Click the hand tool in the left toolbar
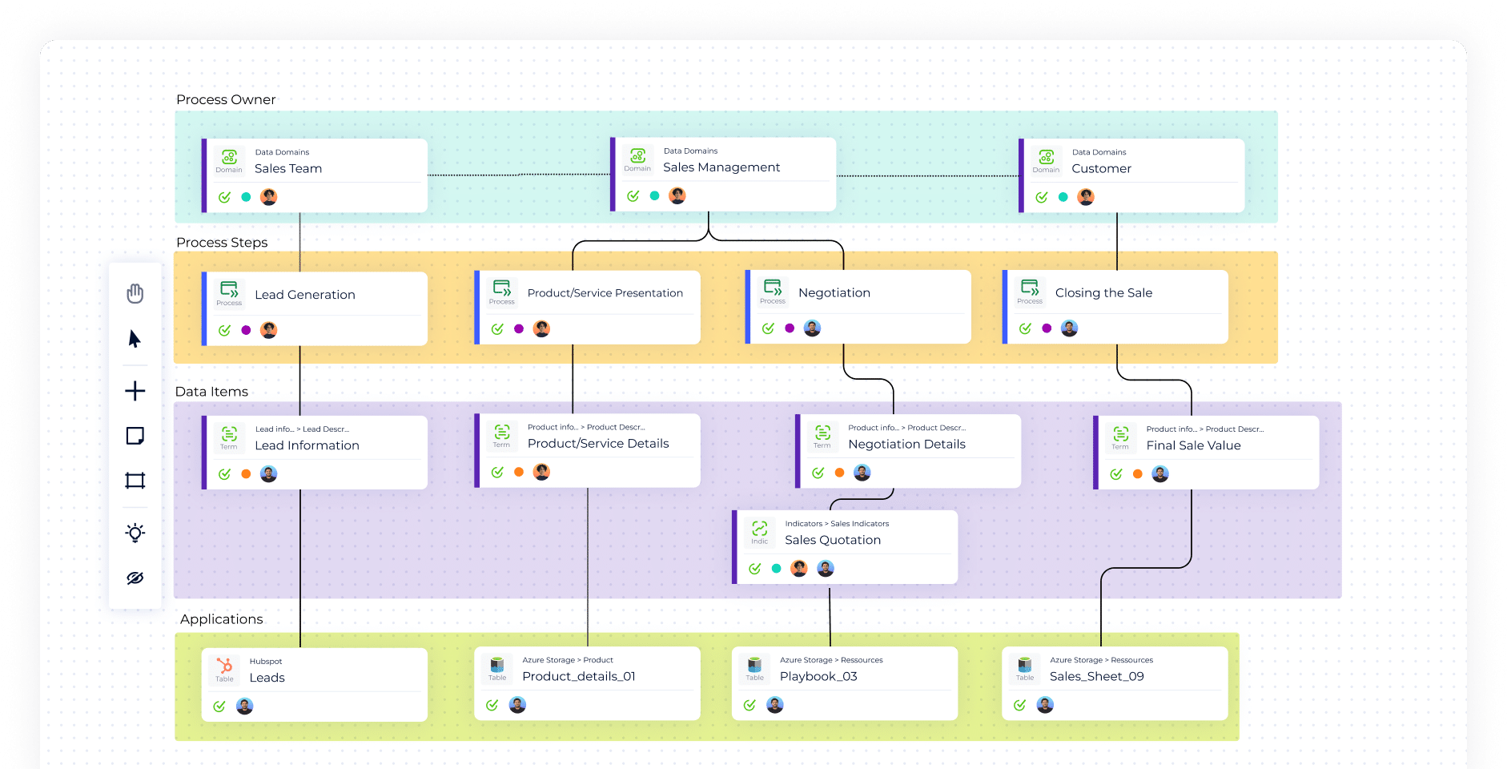point(135,294)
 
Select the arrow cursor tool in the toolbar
point(135,339)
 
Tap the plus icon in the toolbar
point(135,391)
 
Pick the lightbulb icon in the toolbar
point(135,533)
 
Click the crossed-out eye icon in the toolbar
point(135,578)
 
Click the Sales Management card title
point(721,167)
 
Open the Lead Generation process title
point(304,295)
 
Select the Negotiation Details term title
point(906,445)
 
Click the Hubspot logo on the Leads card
point(225,666)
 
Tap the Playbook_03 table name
point(818,677)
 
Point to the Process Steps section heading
point(222,243)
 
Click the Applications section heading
point(221,619)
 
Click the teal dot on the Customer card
point(1063,197)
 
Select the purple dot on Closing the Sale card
point(1047,328)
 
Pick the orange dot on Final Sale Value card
point(1137,474)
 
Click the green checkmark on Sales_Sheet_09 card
point(1019,706)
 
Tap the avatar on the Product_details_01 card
point(517,705)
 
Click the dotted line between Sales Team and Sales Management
point(519,175)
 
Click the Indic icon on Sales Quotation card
point(759,529)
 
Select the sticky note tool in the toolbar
point(135,436)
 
